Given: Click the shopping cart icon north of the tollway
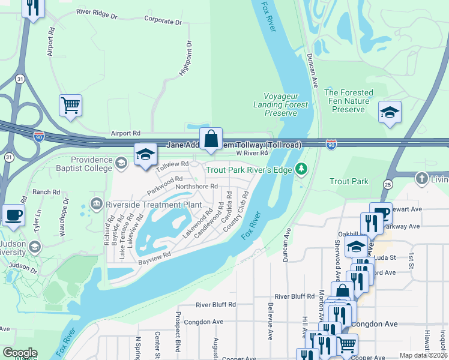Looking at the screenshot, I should (x=70, y=106).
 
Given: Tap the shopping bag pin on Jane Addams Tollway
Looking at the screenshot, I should (x=211, y=139).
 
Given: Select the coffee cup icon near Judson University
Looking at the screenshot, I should (x=13, y=215).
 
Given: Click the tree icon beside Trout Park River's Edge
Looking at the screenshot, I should (x=303, y=170).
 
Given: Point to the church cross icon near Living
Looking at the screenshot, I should (x=422, y=178).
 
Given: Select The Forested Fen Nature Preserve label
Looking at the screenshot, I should (x=348, y=101).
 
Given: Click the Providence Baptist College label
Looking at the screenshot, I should (x=91, y=164).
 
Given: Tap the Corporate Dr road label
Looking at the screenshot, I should (x=163, y=22).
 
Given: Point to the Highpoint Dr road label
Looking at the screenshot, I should (x=185, y=59).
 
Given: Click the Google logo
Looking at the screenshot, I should (x=20, y=353).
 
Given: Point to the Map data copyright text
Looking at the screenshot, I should (x=423, y=355).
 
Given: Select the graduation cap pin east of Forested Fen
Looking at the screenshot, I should (x=390, y=112).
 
